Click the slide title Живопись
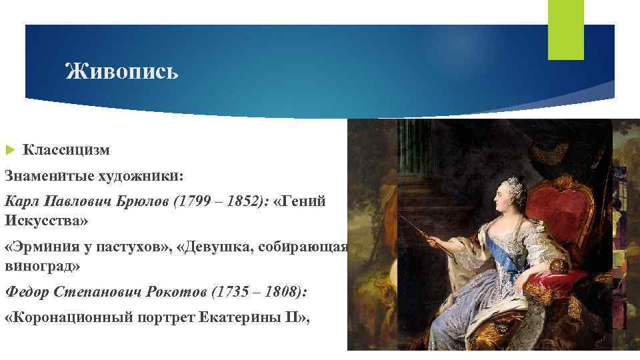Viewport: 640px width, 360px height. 122,70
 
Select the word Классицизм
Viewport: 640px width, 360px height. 66,151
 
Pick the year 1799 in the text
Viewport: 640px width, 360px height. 189,201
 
